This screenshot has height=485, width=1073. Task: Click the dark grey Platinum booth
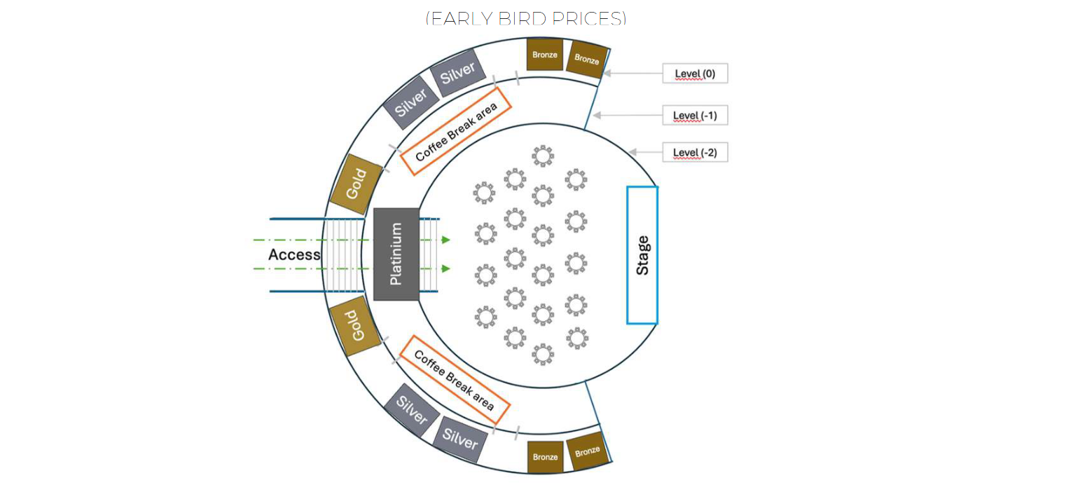pyautogui.click(x=396, y=254)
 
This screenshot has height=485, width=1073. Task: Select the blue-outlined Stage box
pyautogui.click(x=642, y=255)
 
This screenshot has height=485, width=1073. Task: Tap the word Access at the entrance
pyautogui.click(x=294, y=254)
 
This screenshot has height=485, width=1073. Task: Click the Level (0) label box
pyautogui.click(x=695, y=74)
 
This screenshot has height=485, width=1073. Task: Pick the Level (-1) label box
pyautogui.click(x=695, y=115)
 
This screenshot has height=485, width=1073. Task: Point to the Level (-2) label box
pyautogui.click(x=695, y=152)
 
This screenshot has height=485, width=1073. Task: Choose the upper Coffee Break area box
pyautogui.click(x=456, y=131)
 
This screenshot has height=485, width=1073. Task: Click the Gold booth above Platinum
pyautogui.click(x=356, y=184)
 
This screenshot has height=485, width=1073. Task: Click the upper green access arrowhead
pyautogui.click(x=445, y=240)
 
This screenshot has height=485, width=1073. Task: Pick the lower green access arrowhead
pyautogui.click(x=445, y=268)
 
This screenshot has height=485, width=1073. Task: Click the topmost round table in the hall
pyautogui.click(x=543, y=156)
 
